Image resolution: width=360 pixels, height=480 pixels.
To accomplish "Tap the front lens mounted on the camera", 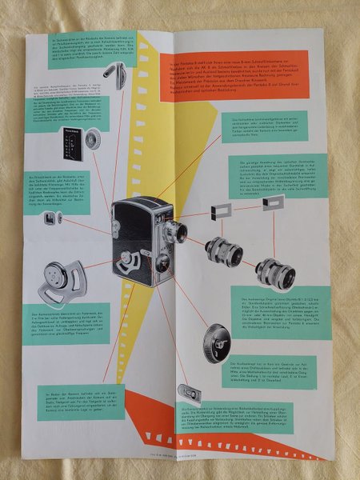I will click(x=176, y=233).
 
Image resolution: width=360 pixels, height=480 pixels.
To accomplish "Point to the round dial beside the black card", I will click(x=93, y=142).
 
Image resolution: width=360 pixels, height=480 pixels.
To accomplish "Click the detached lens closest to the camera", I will click(x=223, y=252).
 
